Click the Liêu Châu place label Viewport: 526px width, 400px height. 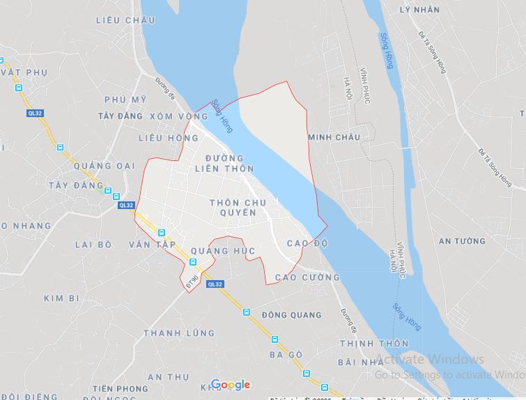coord(126,20)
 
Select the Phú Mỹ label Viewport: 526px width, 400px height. coord(125,100)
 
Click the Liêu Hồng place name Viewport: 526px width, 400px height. coord(169,138)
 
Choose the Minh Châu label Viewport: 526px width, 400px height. coord(334,137)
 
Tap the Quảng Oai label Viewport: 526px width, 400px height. coord(107,165)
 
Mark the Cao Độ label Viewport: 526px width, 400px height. coord(307,243)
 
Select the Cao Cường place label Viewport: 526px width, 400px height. coord(307,277)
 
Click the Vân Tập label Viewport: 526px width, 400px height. coord(152,245)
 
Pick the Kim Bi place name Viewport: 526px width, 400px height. coord(62,298)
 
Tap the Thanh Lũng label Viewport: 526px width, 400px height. coord(179,333)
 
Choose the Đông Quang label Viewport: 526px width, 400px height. coord(292,315)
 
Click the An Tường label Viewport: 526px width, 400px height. coord(462,241)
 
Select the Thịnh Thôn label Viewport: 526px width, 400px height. coord(373,344)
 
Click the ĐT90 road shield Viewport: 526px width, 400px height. coord(192,281)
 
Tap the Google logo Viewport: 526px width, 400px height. coord(230,385)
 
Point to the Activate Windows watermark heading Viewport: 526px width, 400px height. coord(430,360)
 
